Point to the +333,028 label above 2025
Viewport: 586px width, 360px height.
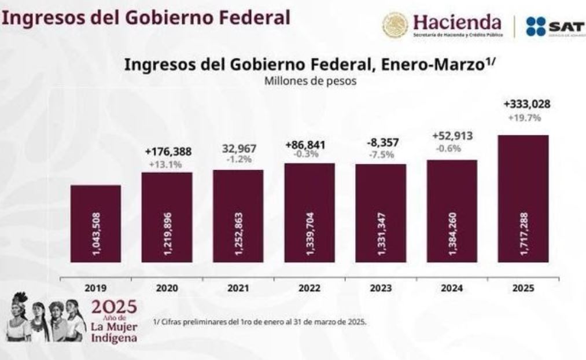(x=526, y=105)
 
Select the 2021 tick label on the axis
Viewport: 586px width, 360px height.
(x=238, y=288)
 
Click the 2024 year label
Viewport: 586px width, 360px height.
(x=452, y=288)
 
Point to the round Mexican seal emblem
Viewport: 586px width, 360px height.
(x=395, y=25)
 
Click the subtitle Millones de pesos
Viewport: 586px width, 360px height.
(x=310, y=82)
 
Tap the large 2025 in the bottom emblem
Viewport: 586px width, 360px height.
(x=113, y=305)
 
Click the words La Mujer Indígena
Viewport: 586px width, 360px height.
(x=114, y=332)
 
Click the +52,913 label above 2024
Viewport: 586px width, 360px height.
(x=453, y=137)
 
